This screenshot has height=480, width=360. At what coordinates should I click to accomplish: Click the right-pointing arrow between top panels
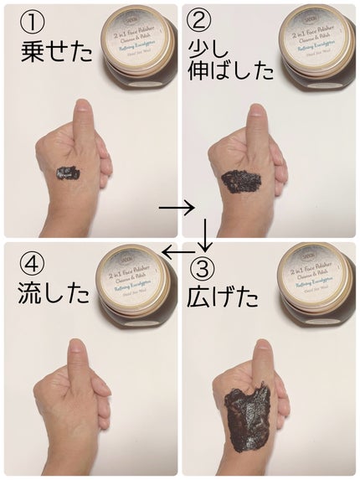point(175,206)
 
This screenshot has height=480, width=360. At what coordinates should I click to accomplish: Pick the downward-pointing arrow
point(204,235)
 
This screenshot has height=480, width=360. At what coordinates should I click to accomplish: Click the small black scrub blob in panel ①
point(66,173)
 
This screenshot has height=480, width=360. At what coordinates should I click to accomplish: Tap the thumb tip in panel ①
point(82,109)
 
